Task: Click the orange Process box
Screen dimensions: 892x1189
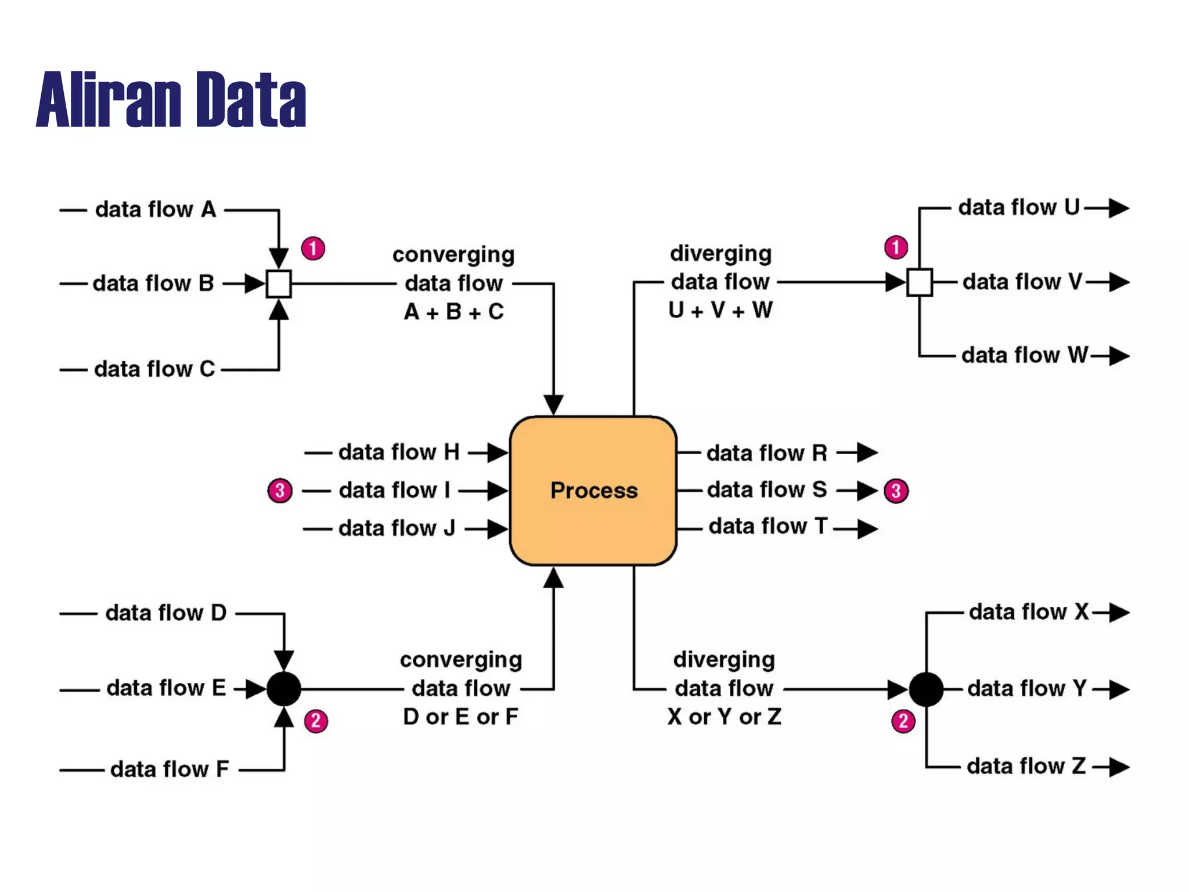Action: [x=593, y=491]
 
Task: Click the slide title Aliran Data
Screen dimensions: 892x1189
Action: [x=171, y=99]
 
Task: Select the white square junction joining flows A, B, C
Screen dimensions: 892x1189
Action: [x=279, y=284]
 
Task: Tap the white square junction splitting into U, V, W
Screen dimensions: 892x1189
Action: [x=920, y=283]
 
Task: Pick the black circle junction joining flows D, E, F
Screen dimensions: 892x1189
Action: [x=283, y=689]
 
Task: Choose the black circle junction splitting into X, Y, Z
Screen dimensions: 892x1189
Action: [x=926, y=689]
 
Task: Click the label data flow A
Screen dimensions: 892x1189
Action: [x=156, y=210]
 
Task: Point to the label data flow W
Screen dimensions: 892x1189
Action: [x=1025, y=355]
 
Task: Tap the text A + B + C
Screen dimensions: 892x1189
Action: [x=454, y=312]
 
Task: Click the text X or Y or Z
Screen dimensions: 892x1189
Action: [x=724, y=717]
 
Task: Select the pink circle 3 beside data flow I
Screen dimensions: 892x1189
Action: [x=280, y=491]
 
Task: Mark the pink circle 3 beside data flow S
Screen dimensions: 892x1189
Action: [x=896, y=491]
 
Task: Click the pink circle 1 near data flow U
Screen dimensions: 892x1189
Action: [x=896, y=247]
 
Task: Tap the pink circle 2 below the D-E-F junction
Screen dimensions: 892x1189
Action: [x=316, y=721]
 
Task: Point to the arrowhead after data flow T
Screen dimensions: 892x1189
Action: [x=867, y=529]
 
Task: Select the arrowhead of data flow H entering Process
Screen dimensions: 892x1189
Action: [x=498, y=452]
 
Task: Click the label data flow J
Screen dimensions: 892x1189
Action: [x=397, y=528]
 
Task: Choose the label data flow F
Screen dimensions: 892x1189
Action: [x=170, y=769]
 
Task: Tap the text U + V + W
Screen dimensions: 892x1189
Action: [x=720, y=310]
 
